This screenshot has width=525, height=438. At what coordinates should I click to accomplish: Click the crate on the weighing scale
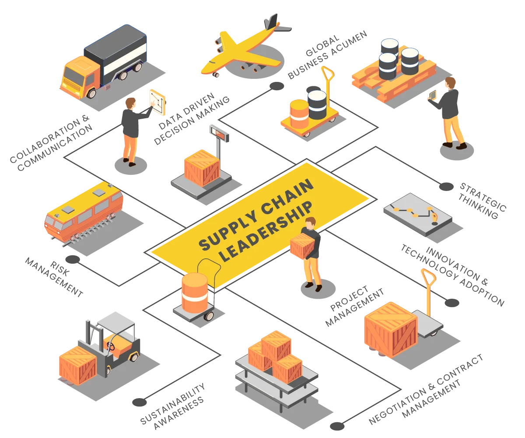click(x=202, y=167)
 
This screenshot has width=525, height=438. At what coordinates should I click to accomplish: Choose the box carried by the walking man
click(x=302, y=245)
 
